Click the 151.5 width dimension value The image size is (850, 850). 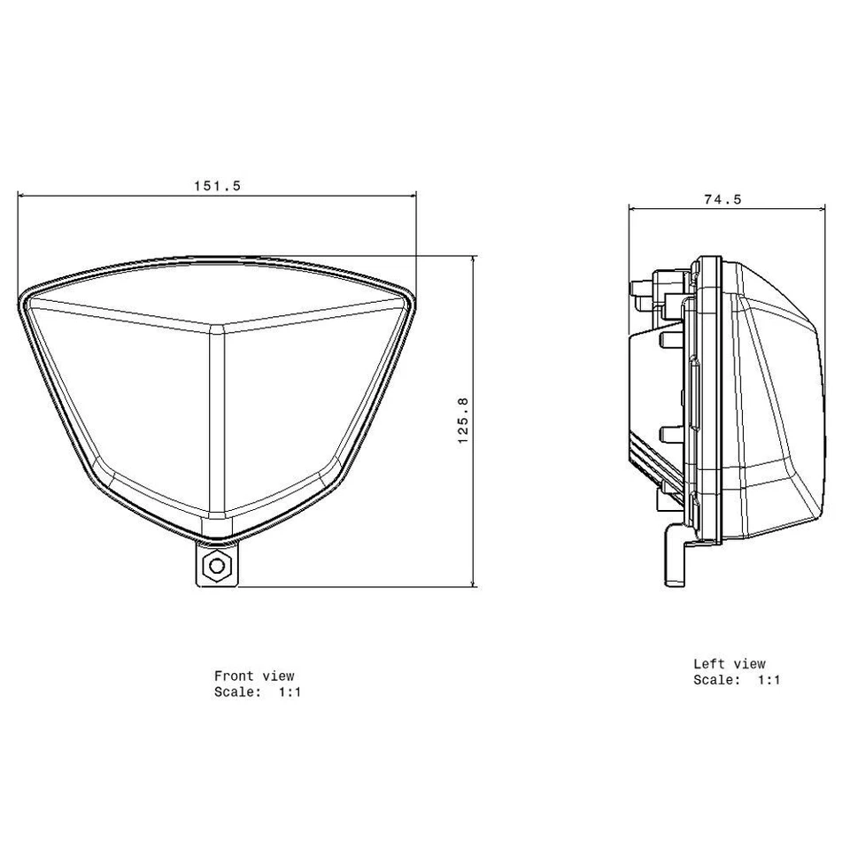217,186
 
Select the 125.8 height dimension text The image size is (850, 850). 462,421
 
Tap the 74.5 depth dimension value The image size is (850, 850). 722,199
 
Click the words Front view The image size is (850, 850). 254,676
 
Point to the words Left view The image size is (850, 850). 729,663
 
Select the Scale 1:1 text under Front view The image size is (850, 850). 258,692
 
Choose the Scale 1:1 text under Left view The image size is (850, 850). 737,680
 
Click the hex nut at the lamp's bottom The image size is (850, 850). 214,567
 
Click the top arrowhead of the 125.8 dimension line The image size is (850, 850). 475,259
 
